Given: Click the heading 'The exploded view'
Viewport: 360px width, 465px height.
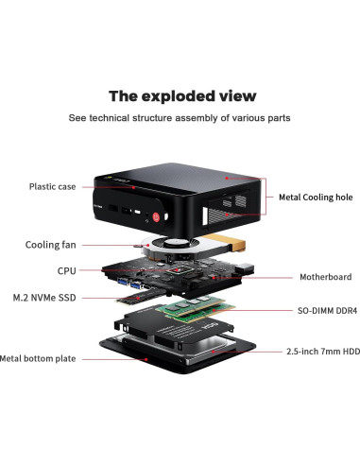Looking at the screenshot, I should tap(181, 95).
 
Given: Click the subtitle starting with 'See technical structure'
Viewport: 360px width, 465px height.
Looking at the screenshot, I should tap(179, 118).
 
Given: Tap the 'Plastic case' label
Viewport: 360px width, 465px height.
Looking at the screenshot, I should tap(52, 186).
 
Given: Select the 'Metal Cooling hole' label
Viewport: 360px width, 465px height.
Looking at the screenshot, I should tap(316, 198).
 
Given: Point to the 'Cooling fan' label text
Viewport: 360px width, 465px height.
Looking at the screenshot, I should tap(51, 245).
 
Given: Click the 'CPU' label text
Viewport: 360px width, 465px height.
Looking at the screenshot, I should tap(66, 270).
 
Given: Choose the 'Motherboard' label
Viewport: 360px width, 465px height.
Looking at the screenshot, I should tap(319, 278).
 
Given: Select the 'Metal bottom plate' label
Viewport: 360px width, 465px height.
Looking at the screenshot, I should tap(38, 358).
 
